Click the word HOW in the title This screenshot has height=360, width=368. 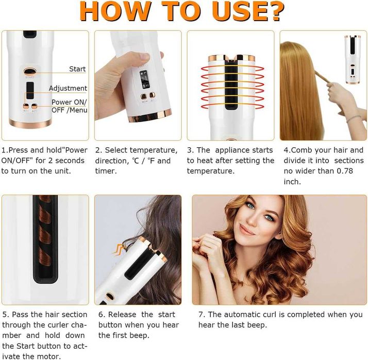pyautogui.click(x=115, y=11)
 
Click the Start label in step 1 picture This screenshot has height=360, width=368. pyautogui.click(x=77, y=69)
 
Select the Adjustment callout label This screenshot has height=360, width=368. pyautogui.click(x=68, y=88)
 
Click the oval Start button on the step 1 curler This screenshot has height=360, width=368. pyautogui.click(x=30, y=71)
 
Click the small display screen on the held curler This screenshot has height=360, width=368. pyautogui.click(x=145, y=79)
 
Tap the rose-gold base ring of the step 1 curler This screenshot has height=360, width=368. pyautogui.click(x=30, y=123)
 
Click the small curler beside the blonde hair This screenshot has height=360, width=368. pyautogui.click(x=353, y=60)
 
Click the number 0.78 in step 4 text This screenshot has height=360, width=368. pyautogui.click(x=345, y=171)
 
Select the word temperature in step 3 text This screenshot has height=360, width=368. pyautogui.click(x=210, y=172)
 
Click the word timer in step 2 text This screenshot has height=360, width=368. pyautogui.click(x=106, y=171)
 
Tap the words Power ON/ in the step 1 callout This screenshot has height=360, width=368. pyautogui.click(x=69, y=102)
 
